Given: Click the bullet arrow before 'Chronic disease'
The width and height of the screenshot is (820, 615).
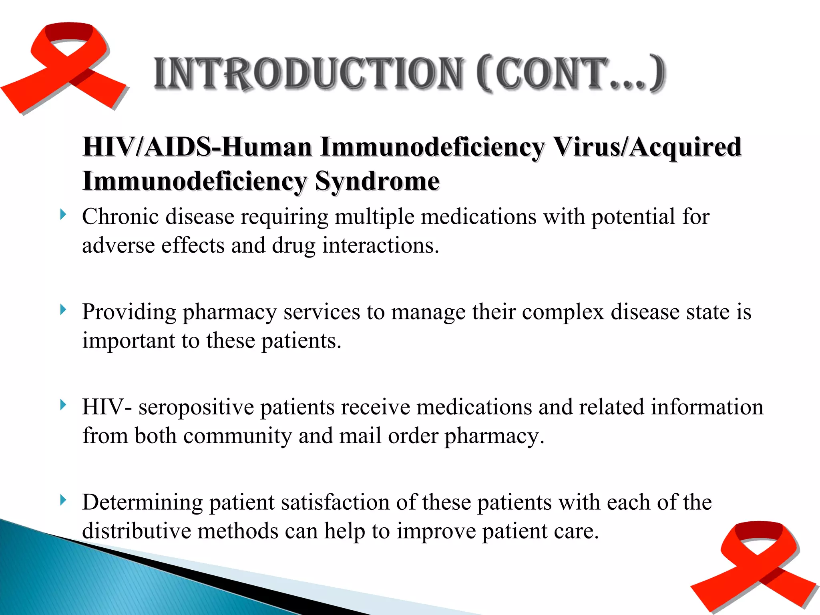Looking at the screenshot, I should pos(63,215).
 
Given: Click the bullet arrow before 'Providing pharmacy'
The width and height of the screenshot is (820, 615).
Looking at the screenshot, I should pos(63,310).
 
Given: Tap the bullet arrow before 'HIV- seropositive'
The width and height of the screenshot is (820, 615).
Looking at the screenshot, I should pos(63,405).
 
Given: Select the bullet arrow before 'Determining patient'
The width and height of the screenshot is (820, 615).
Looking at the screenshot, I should pos(63,500).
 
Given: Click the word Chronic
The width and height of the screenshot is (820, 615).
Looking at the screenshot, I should pos(121,217).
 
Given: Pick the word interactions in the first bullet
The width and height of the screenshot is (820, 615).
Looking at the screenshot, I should pos(380,245).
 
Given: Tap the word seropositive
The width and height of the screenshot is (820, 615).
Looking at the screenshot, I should pos(196,407).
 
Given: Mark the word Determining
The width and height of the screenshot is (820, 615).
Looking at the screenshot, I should pos(142,502).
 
